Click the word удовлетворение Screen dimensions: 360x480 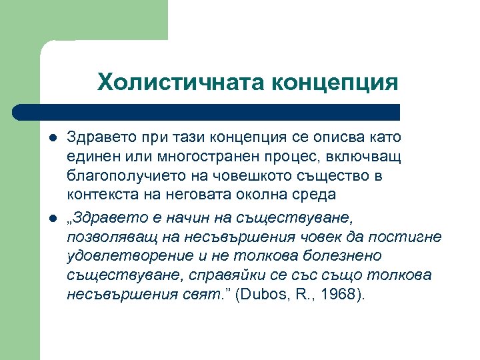click(121, 257)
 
